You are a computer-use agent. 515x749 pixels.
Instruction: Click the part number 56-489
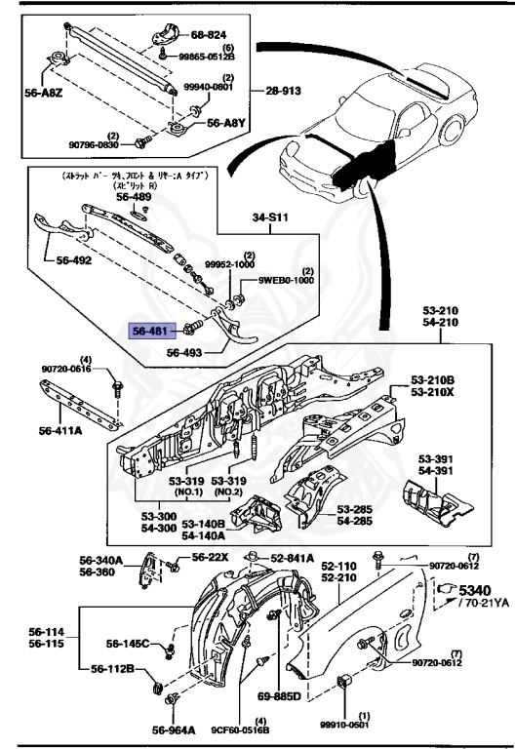tap(135, 196)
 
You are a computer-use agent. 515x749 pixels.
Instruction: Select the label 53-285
tap(356, 509)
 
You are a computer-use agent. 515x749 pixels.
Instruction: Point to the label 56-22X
tap(209, 557)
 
